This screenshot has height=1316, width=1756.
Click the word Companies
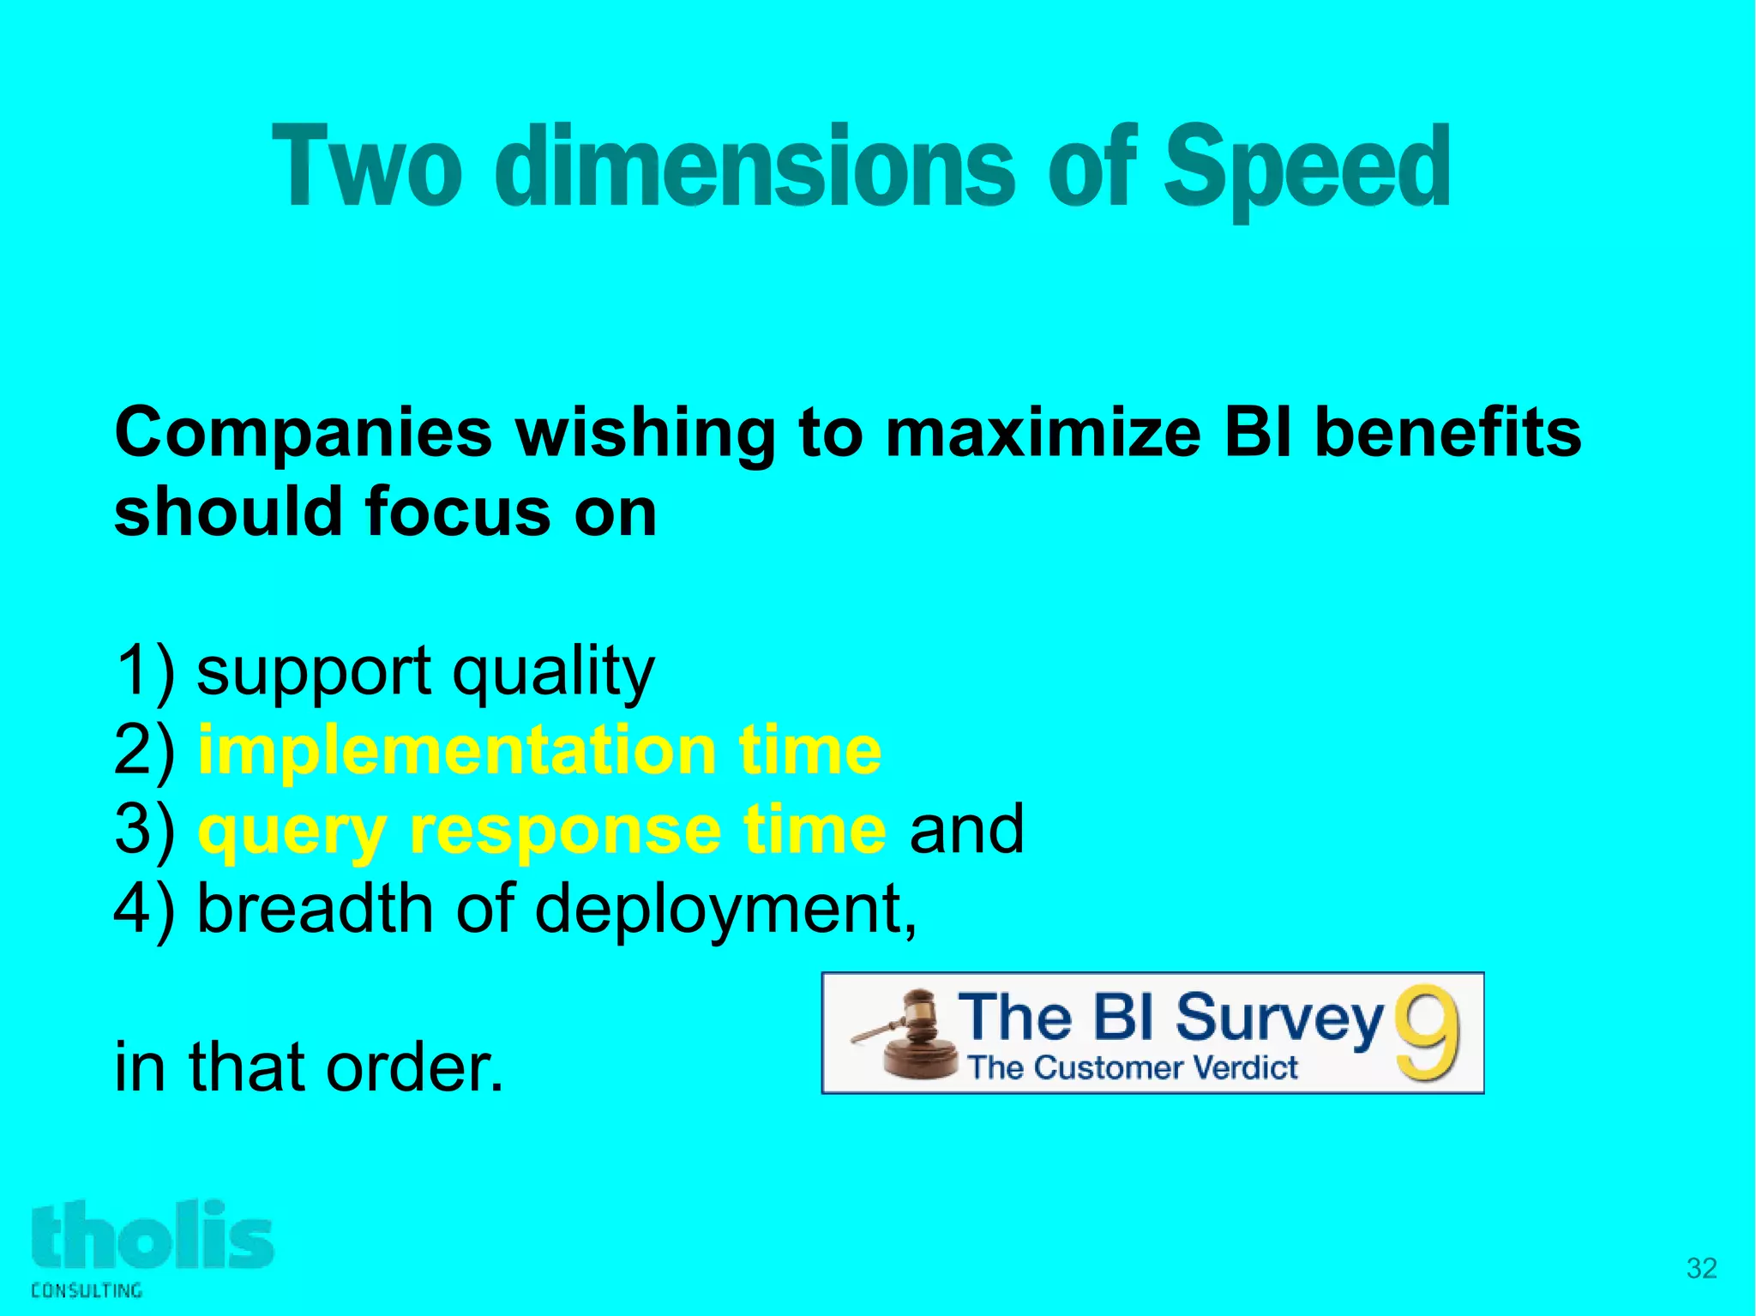click(x=303, y=434)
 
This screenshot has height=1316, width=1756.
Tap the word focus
click(x=458, y=512)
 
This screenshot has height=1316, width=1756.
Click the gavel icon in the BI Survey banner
click(x=909, y=1036)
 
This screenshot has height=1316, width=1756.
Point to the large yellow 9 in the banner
click(x=1426, y=1033)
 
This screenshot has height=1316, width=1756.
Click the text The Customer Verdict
click(x=1132, y=1068)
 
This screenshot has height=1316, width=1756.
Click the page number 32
click(x=1701, y=1268)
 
